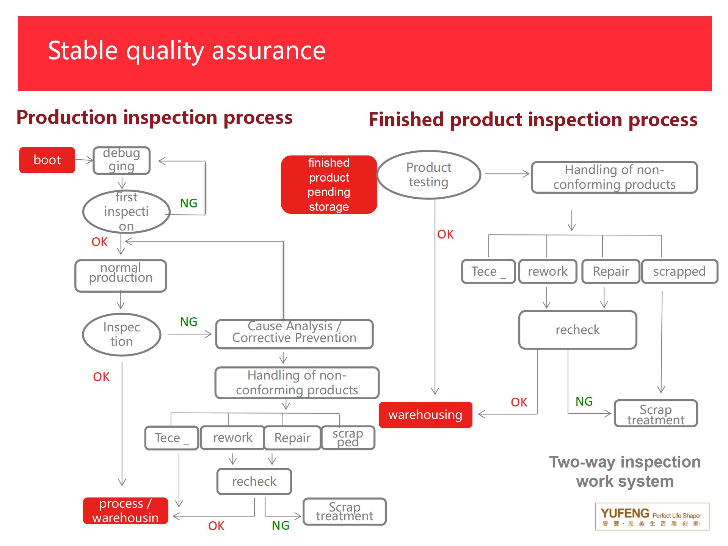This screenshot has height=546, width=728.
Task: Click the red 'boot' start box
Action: pyautogui.click(x=47, y=160)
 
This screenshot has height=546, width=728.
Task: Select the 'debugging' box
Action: pyautogui.click(x=122, y=160)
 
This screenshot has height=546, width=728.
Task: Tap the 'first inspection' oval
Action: pyautogui.click(x=126, y=212)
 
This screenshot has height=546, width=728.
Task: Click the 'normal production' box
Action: pyautogui.click(x=121, y=276)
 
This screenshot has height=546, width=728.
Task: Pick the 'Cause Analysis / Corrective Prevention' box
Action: pyautogui.click(x=294, y=334)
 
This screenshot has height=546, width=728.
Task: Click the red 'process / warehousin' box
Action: pyautogui.click(x=126, y=510)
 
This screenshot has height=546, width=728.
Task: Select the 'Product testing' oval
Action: pyautogui.click(x=429, y=175)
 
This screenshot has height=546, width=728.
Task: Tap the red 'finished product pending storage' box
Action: pyautogui.click(x=329, y=185)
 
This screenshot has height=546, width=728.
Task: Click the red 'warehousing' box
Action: pyautogui.click(x=425, y=415)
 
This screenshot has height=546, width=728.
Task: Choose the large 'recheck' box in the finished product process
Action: pyautogui.click(x=577, y=330)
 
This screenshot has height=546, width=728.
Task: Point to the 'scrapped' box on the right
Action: pyautogui.click(x=679, y=271)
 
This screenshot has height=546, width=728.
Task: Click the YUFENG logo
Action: pyautogui.click(x=652, y=516)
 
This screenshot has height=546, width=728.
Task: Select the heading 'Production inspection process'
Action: pyautogui.click(x=154, y=117)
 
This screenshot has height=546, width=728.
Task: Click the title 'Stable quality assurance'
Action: pyautogui.click(x=187, y=50)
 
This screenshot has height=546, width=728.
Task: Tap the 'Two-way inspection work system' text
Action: pyautogui.click(x=624, y=472)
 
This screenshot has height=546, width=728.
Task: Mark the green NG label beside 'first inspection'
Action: pyautogui.click(x=188, y=203)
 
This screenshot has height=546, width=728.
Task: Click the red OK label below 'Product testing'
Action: pyautogui.click(x=445, y=234)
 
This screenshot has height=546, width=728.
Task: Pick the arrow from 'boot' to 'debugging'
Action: pyautogui.click(x=84, y=160)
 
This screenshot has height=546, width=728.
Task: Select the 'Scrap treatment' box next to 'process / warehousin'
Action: pyautogui.click(x=345, y=511)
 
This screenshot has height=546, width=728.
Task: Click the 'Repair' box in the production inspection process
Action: pyautogui.click(x=292, y=438)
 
